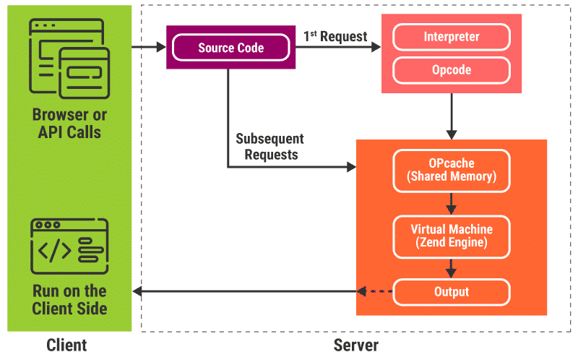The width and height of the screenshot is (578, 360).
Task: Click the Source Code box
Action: (230, 48)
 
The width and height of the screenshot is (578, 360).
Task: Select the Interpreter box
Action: (451, 37)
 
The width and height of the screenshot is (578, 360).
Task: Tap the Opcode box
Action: (451, 70)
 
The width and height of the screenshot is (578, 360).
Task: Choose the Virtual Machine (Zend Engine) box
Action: (451, 236)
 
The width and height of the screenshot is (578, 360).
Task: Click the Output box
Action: (451, 292)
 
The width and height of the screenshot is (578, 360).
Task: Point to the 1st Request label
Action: (335, 35)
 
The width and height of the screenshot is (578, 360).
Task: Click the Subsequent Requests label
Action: (269, 146)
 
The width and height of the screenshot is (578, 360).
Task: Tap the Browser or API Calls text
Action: (69, 124)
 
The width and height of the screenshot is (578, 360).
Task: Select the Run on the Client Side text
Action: (69, 299)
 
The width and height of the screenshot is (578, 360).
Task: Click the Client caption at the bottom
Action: (66, 345)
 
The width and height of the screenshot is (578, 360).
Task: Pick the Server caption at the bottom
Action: (355, 345)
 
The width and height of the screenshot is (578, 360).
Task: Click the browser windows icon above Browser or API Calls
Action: (69, 59)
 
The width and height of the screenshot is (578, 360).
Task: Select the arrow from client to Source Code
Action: (149, 48)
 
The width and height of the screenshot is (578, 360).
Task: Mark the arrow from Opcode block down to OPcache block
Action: (452, 116)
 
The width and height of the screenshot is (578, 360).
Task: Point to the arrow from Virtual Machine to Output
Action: (452, 267)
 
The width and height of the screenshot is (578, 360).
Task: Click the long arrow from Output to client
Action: (246, 292)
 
